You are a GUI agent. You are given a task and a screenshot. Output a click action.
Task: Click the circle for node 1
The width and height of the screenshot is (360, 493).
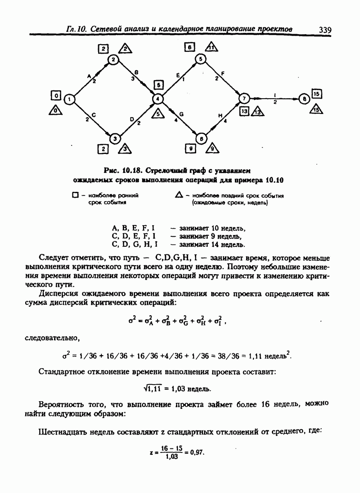[x=70, y=99]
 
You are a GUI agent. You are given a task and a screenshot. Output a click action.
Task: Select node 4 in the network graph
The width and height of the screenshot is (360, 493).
[x=158, y=99]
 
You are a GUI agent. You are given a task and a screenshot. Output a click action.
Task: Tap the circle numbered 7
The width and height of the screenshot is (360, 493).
[x=244, y=99]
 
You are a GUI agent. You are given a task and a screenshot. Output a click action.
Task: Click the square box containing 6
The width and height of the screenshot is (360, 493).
[x=190, y=47]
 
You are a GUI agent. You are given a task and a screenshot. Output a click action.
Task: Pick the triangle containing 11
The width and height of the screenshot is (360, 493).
[x=210, y=47]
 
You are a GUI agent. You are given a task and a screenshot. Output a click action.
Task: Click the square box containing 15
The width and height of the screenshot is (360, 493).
[x=317, y=94]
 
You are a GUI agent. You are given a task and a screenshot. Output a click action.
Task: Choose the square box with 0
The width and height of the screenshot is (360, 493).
[x=56, y=95]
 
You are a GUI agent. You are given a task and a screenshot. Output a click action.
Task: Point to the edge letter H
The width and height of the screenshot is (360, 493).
[x=220, y=116]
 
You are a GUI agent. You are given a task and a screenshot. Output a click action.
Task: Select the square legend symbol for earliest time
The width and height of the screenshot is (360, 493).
[x=76, y=196]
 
